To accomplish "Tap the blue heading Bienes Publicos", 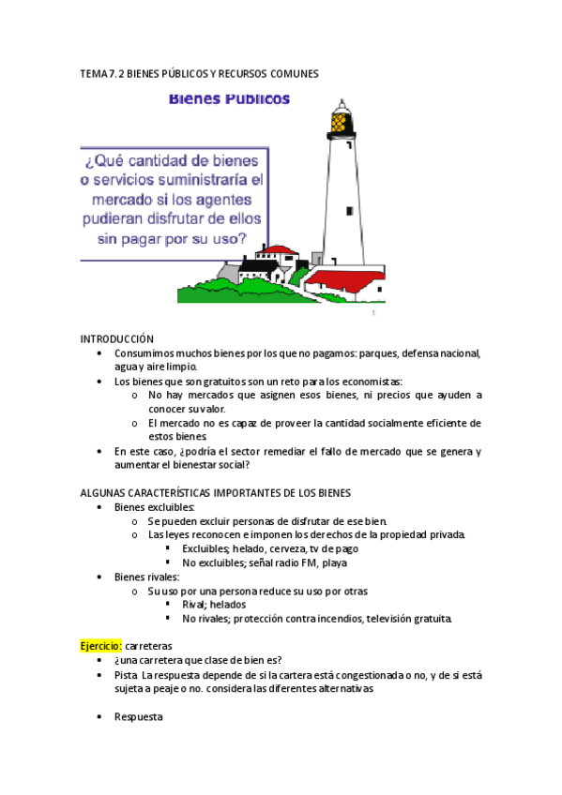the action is [x=229, y=97].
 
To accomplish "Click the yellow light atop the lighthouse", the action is [x=342, y=120].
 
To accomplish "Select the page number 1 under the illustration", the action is [x=372, y=313].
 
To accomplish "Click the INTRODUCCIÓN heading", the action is [x=116, y=338].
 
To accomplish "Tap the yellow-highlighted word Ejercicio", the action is [x=100, y=646].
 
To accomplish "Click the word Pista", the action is [x=127, y=674].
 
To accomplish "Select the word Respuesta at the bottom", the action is [x=138, y=716].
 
